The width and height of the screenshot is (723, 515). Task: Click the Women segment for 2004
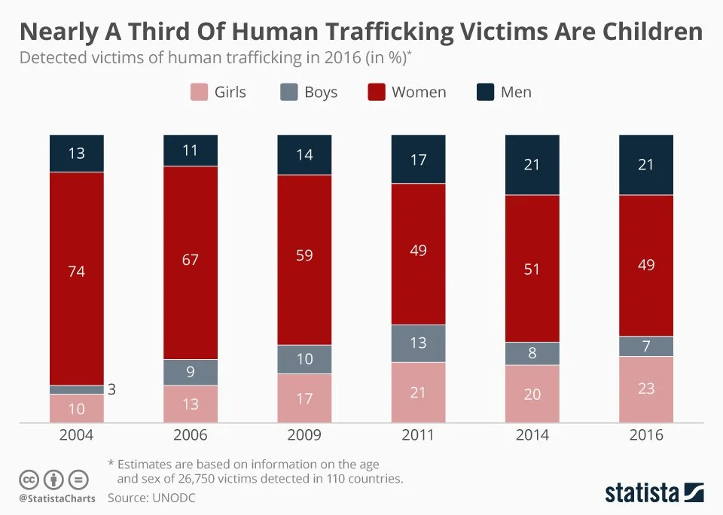77,279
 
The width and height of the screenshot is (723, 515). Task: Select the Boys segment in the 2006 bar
191,372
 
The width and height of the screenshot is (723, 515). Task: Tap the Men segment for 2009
304,155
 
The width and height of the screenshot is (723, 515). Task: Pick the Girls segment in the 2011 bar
418,392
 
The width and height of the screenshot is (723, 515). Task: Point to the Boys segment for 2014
532,353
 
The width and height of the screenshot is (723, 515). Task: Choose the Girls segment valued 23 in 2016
646,389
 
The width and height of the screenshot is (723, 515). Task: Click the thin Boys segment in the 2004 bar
77,390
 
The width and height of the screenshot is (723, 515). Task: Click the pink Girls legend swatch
198,93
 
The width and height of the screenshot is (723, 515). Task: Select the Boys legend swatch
288,93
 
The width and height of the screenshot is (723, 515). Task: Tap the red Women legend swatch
376,93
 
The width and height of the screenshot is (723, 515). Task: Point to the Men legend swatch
486,93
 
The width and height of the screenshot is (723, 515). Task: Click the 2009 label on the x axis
304,435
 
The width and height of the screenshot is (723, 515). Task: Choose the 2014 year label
532,435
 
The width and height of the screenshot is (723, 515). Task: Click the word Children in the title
644,32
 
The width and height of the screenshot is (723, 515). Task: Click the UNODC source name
172,498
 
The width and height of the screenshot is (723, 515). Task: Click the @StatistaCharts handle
57,498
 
